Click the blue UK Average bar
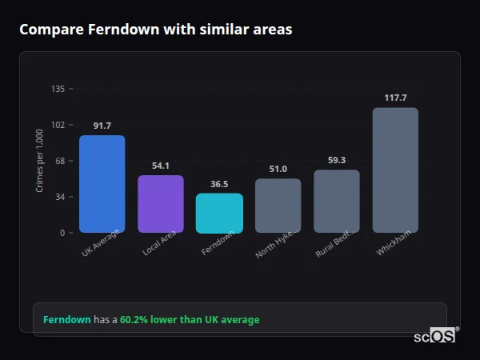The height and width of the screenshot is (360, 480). click(102, 184)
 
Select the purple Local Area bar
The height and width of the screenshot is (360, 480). click(160, 204)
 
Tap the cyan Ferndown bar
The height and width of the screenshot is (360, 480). click(219, 213)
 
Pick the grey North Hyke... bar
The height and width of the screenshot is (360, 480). click(278, 206)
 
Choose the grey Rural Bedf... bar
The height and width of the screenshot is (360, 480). click(336, 202)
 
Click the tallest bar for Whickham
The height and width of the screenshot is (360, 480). click(395, 170)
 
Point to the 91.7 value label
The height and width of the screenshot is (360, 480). click(102, 126)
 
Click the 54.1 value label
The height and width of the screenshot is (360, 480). click(160, 166)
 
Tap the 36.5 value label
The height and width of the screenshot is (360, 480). click(219, 184)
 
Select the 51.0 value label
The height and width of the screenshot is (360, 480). click(278, 169)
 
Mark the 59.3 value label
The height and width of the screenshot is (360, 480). click(336, 160)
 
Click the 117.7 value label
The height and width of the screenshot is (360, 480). click(395, 98)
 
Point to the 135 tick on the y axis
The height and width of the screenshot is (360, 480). click(58, 89)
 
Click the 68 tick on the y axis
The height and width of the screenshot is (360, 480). click(60, 161)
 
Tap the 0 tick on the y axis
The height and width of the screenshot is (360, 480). click(62, 233)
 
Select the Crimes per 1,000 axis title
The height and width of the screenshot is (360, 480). click(40, 162)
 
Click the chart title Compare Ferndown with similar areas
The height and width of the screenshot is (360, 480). click(155, 30)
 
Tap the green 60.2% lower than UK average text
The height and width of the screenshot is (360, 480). click(190, 320)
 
